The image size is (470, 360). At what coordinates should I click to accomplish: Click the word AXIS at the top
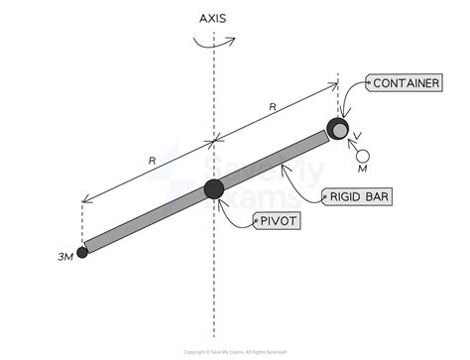tap(214, 18)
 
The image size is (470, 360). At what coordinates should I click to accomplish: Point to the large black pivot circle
tap(214, 189)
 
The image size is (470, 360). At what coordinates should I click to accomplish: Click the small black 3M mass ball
tap(82, 252)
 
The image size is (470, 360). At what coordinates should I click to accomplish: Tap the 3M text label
tap(65, 261)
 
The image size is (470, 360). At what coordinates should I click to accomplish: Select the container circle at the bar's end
tap(339, 129)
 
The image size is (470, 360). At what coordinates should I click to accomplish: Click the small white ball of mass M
tap(364, 155)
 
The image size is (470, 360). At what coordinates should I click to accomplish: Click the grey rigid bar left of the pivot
tap(149, 219)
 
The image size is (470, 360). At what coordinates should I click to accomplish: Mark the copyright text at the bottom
tap(235, 352)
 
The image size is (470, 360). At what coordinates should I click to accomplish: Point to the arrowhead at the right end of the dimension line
tap(336, 88)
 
